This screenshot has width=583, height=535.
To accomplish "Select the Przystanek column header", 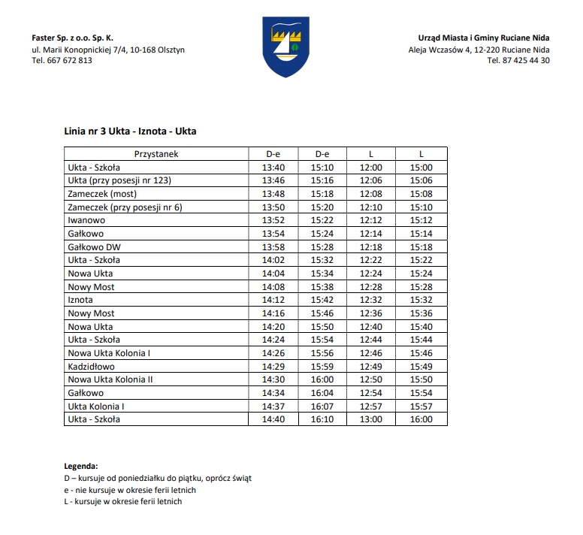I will (156, 154).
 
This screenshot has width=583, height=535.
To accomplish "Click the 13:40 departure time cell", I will (273, 168).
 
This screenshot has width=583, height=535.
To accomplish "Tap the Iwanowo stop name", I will (86, 221).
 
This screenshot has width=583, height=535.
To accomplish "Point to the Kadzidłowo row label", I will (91, 367).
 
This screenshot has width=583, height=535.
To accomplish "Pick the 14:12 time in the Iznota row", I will (273, 301).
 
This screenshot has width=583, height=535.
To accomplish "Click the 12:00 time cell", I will (371, 168).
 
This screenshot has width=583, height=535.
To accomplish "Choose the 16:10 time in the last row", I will (322, 419).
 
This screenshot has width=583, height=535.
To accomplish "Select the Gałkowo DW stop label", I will (94, 247).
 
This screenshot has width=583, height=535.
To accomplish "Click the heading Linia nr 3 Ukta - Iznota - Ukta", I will (131, 131).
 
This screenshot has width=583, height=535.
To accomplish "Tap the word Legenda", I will (82, 467).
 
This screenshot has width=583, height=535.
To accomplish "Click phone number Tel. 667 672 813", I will (62, 61).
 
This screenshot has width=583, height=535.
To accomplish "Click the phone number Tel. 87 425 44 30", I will (518, 61).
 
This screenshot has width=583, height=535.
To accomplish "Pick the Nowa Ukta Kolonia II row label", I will (110, 379).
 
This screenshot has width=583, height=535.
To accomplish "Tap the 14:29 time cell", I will (273, 367).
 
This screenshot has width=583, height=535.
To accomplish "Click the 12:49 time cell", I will (371, 367).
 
